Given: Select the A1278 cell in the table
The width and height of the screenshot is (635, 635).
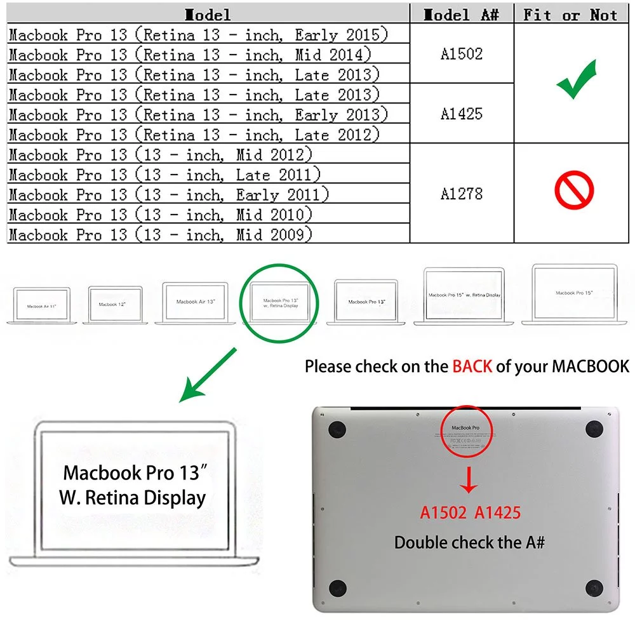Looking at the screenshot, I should pyautogui.click(x=462, y=194).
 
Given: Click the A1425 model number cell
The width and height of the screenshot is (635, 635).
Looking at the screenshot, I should pyautogui.click(x=462, y=114).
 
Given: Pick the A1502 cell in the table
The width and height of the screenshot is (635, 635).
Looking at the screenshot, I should pyautogui.click(x=462, y=54).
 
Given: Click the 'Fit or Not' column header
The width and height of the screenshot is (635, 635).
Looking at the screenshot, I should pyautogui.click(x=570, y=15).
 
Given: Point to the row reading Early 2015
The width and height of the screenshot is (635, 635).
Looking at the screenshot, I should pyautogui.click(x=198, y=34).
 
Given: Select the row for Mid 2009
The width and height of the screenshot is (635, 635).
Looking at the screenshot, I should pyautogui.click(x=161, y=234).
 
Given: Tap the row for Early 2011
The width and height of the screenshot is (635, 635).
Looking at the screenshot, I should pyautogui.click(x=169, y=194).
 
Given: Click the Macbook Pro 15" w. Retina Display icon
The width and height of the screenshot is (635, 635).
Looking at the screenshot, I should pyautogui.click(x=464, y=295).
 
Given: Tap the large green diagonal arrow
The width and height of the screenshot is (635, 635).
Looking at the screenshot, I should pyautogui.click(x=208, y=376).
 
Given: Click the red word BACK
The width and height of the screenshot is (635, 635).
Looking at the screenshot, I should pyautogui.click(x=472, y=366).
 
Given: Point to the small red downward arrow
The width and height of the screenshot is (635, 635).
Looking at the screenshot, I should pyautogui.click(x=469, y=481).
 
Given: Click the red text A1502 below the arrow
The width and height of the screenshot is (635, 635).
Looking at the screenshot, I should pyautogui.click(x=443, y=512).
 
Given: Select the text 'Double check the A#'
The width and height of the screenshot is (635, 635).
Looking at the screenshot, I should pyautogui.click(x=469, y=542).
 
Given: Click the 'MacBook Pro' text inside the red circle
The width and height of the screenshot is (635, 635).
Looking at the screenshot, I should pyautogui.click(x=465, y=429).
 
